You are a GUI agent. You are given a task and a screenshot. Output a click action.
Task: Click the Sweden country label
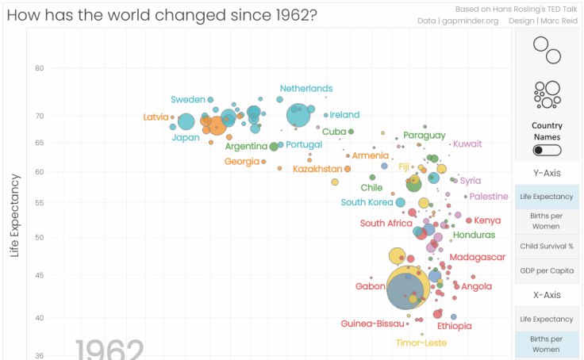[x=188, y=100]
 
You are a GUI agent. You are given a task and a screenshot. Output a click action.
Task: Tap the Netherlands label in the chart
[x=306, y=88]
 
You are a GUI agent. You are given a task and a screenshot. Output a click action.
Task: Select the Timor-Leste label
[x=421, y=343]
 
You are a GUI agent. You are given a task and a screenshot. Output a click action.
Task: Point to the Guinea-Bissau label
[x=373, y=324]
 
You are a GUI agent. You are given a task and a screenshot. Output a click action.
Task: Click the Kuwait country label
[x=467, y=144]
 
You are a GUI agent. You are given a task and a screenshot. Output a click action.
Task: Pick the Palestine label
[x=489, y=196]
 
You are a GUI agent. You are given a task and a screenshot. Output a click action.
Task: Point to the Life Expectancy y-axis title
[x=13, y=216]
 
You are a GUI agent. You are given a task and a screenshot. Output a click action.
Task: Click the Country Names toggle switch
[x=547, y=150]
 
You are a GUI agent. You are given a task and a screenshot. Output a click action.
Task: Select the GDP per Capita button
[x=547, y=270]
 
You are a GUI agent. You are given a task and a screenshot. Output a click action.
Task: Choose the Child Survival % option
[x=547, y=246]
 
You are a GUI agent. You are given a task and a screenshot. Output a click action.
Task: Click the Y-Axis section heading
[x=547, y=173]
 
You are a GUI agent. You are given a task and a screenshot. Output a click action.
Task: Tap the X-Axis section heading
[x=547, y=295]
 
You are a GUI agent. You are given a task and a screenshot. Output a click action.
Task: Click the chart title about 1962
[x=162, y=15]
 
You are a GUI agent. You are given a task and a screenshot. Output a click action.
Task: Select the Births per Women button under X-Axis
[x=547, y=343]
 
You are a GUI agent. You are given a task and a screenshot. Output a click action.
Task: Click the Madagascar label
[x=478, y=257]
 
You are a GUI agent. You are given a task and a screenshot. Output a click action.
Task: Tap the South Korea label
[x=367, y=202]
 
